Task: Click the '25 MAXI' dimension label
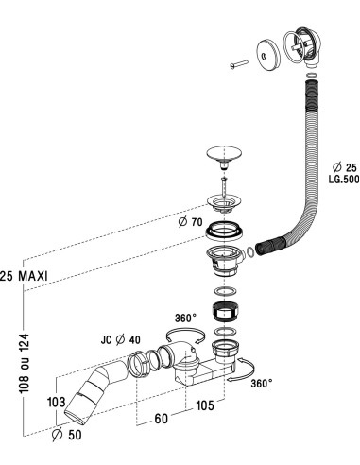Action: [x=24, y=276]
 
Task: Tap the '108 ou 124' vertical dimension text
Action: [x=25, y=363]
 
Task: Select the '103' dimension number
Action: [x=57, y=402]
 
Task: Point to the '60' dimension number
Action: [x=161, y=419]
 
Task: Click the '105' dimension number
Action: [x=205, y=405]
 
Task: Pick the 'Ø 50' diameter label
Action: [x=67, y=435]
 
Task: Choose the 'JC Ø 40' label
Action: [x=121, y=340]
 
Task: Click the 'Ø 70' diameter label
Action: [x=190, y=222]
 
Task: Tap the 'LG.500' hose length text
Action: [x=344, y=180]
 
